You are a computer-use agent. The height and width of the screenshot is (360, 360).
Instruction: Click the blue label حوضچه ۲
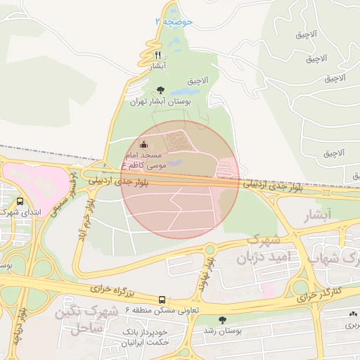(x=173, y=23)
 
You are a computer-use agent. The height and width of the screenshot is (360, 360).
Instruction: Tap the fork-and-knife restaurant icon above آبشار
(x=158, y=55)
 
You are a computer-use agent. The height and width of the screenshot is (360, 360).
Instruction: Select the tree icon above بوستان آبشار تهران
(x=160, y=90)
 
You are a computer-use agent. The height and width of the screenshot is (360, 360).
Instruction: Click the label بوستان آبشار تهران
(x=160, y=101)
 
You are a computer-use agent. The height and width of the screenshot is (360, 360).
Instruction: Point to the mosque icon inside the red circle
(x=145, y=146)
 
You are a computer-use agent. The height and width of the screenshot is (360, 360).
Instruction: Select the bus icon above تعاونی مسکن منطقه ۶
(x=162, y=300)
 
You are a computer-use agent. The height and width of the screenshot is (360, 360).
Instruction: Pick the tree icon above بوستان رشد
(x=223, y=320)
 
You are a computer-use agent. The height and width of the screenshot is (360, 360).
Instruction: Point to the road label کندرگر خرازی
(x=319, y=294)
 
